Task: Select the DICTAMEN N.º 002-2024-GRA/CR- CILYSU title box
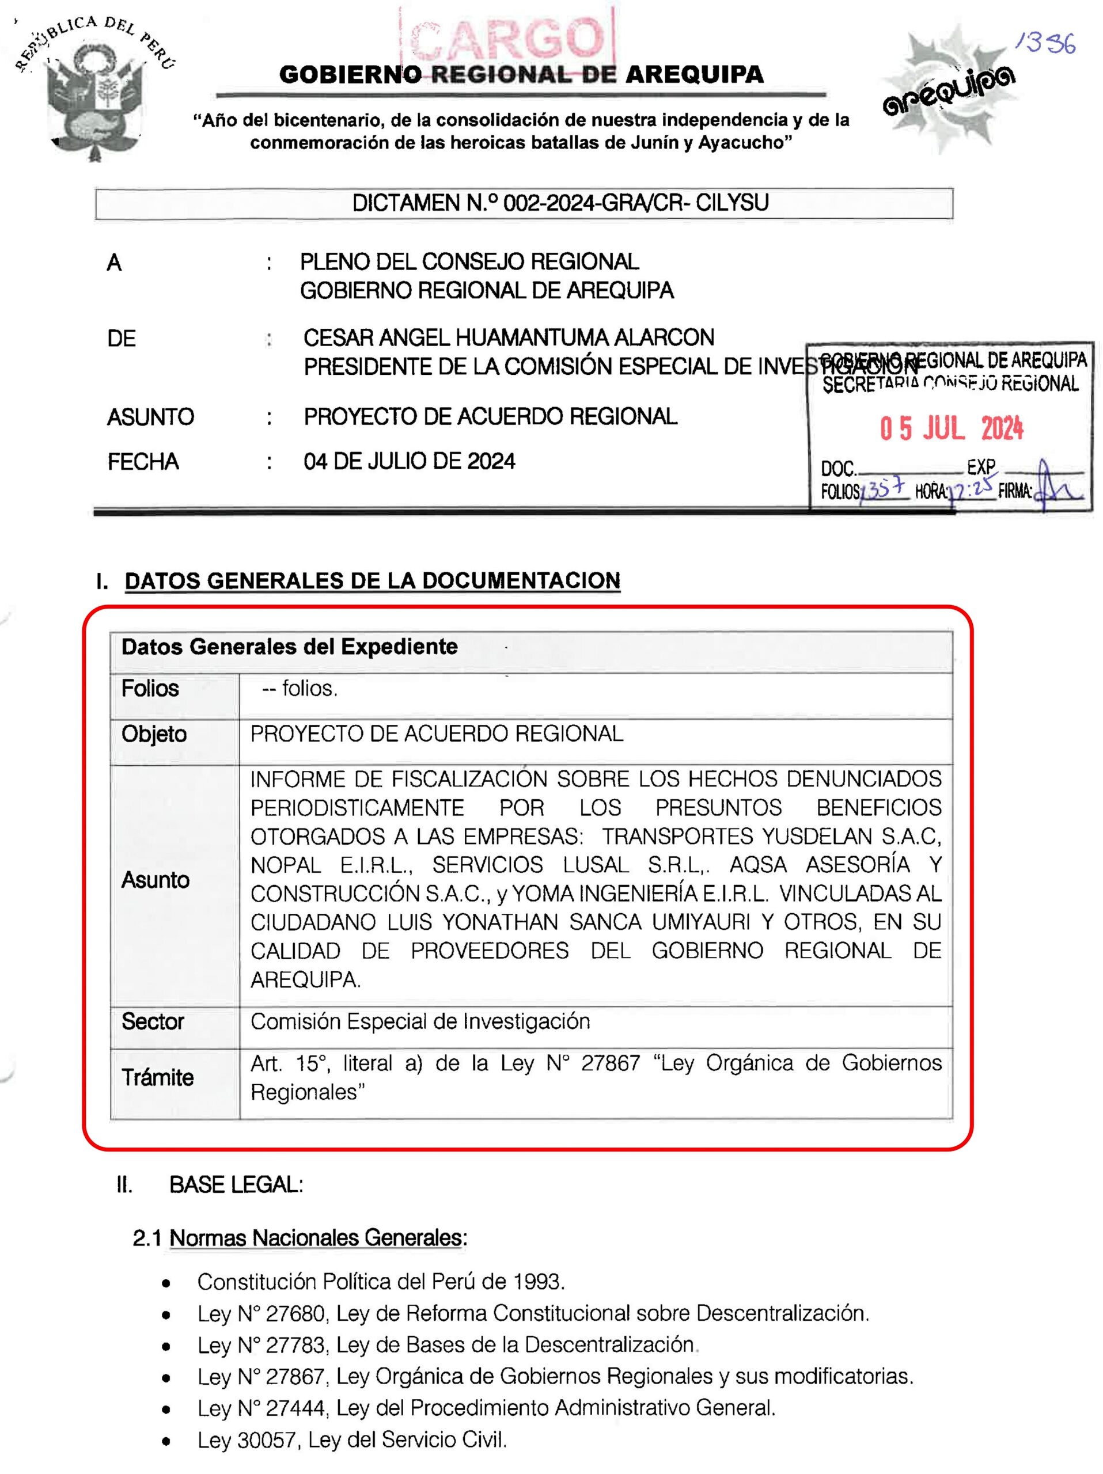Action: (x=524, y=203)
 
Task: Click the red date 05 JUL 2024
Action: (x=951, y=428)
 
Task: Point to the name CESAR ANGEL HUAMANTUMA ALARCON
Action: (x=509, y=338)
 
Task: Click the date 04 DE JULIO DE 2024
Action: (x=409, y=461)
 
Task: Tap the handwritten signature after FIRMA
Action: (x=1060, y=490)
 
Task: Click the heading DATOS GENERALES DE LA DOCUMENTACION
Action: (x=373, y=581)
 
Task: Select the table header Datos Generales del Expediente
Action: (x=289, y=647)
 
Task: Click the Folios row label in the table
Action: (x=150, y=689)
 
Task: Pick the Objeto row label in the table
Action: (x=154, y=734)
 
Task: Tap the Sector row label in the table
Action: (x=153, y=1021)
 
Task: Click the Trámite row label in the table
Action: (x=157, y=1077)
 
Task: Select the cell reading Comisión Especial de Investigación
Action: (x=420, y=1021)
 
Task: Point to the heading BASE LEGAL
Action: (x=236, y=1185)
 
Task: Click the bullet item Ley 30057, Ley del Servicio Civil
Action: (x=352, y=1440)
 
